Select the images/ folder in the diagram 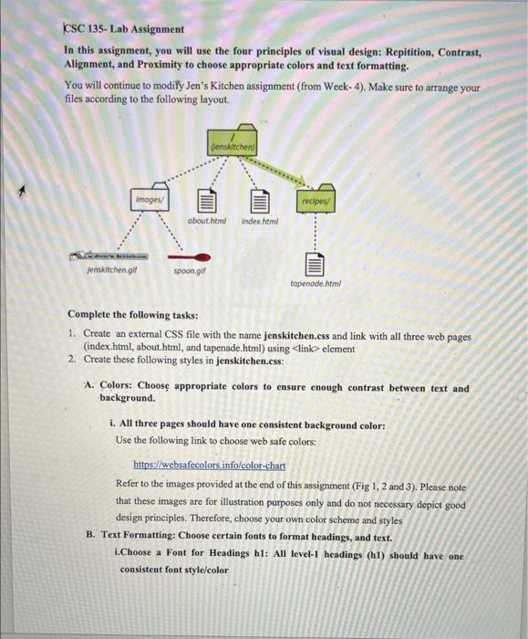click(x=149, y=197)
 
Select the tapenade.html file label click(x=315, y=284)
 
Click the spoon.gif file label click(x=189, y=271)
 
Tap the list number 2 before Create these click(x=72, y=359)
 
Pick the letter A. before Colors click(x=89, y=387)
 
